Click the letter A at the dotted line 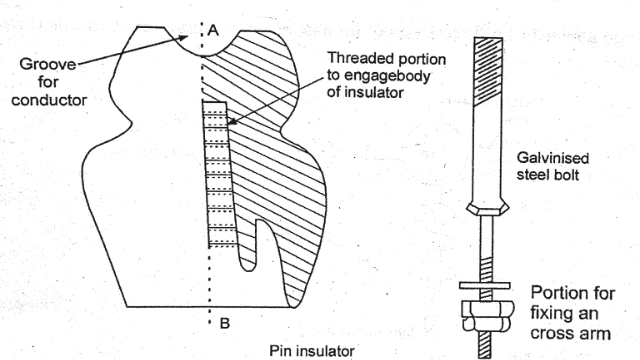(x=213, y=30)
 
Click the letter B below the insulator (x=225, y=324)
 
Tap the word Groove (x=48, y=64)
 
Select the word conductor (x=49, y=100)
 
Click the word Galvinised (x=553, y=158)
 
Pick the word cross (x=551, y=334)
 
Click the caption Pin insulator (x=312, y=351)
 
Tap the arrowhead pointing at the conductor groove (x=182, y=38)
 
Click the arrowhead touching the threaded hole (x=232, y=121)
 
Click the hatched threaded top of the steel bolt (x=488, y=71)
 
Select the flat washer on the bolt (x=484, y=286)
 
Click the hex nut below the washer (x=487, y=316)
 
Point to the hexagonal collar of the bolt (x=488, y=209)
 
